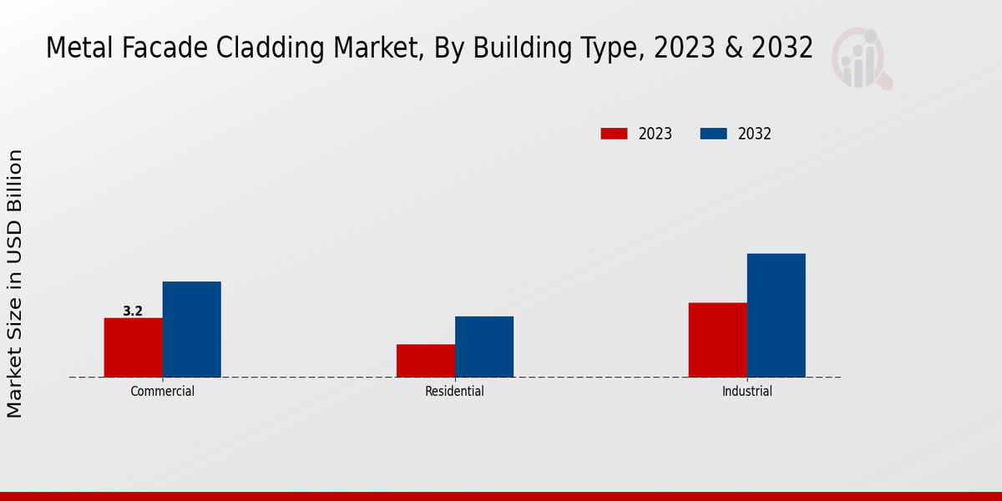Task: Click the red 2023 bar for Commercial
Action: [x=133, y=347]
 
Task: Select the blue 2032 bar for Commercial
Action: [x=191, y=329]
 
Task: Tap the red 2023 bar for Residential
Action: [x=425, y=361]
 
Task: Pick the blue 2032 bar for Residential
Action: [x=483, y=347]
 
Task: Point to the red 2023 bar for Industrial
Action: [x=717, y=340]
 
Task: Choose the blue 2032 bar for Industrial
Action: [x=776, y=315]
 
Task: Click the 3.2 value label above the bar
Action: [x=133, y=311]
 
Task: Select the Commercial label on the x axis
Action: [x=162, y=391]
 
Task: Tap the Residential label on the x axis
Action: [x=454, y=391]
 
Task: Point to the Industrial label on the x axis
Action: [x=746, y=391]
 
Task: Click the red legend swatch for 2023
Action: [x=614, y=134]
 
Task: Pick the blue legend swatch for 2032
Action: [x=713, y=134]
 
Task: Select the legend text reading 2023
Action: [x=655, y=134]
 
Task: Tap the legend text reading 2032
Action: [x=754, y=134]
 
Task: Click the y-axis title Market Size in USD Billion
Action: [x=15, y=284]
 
